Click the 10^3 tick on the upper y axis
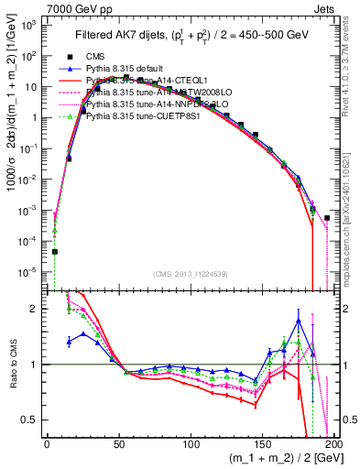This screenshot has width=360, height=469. [30, 25]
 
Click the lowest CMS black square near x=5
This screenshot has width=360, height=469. [55, 251]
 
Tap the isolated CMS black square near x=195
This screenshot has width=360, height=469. [327, 218]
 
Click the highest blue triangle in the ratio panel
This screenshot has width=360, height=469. [299, 320]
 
